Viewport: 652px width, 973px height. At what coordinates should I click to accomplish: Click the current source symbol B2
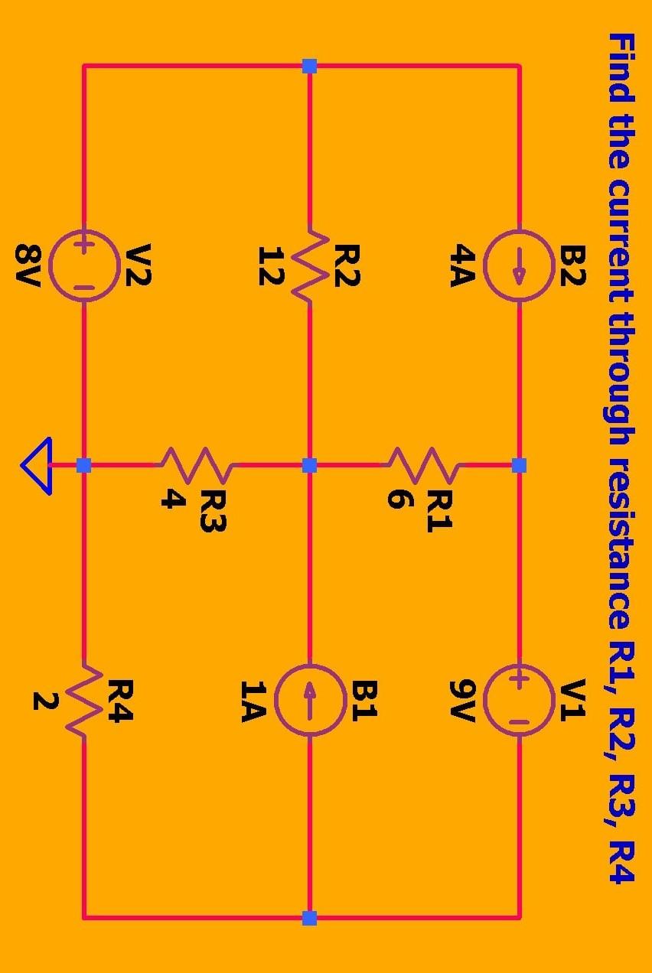coord(520,265)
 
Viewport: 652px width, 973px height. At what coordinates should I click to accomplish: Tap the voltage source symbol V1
coord(520,700)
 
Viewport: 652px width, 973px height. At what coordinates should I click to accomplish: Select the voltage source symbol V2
coord(84,265)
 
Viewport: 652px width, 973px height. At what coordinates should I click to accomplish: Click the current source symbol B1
coord(310,700)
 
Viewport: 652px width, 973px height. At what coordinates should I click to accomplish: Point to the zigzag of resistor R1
coord(425,464)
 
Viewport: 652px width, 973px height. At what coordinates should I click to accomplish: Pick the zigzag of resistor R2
coord(310,265)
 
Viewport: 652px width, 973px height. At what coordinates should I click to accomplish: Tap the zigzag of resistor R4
coord(84,700)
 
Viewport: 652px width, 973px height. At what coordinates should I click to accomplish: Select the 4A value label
coord(463,265)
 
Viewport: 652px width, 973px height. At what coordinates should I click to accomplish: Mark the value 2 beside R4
coord(44,701)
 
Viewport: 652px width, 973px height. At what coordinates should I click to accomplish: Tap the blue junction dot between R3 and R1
coord(310,465)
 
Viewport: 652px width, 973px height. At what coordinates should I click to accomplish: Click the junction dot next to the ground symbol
coord(84,465)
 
